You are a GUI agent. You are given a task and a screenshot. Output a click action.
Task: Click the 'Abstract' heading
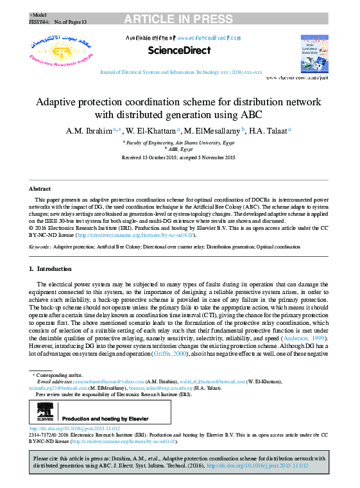tap(40, 189)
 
